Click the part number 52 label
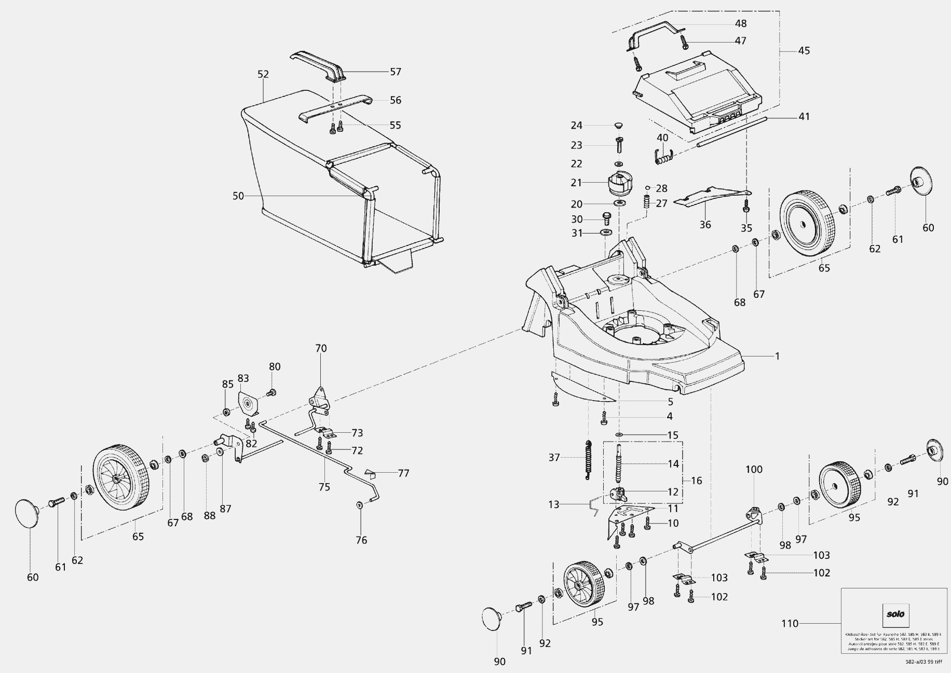(x=263, y=74)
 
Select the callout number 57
(x=396, y=72)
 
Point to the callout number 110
(x=790, y=623)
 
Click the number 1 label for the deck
(x=777, y=356)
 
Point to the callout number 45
(x=804, y=51)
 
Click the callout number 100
(x=754, y=470)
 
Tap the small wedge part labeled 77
(x=369, y=473)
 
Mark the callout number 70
(x=321, y=348)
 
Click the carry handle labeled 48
(x=653, y=32)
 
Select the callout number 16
(x=696, y=480)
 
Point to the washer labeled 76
(x=360, y=505)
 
